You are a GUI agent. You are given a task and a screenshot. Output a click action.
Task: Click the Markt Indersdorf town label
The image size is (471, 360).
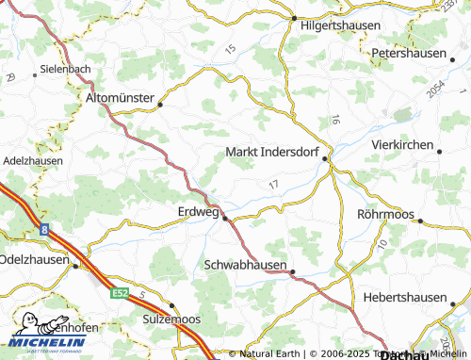coord(273,151)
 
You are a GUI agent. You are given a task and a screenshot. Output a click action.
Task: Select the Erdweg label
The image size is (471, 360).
coord(198,212)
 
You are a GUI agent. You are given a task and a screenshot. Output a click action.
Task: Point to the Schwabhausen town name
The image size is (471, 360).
coord(245,265)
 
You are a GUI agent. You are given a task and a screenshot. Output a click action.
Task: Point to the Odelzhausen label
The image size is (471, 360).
coord(34,257)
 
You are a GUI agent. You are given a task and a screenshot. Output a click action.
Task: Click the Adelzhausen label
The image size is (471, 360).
coord(32,161)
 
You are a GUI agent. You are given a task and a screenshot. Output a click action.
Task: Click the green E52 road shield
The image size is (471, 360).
coord(119,294)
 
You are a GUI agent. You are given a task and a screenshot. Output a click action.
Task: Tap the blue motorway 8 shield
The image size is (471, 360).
coord(44,228)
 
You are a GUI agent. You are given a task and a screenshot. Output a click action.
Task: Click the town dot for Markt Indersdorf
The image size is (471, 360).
coord(326,159)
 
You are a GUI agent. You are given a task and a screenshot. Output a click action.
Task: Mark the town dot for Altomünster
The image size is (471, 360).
coord(160,105)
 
